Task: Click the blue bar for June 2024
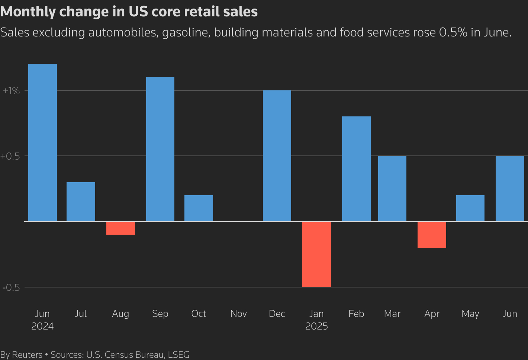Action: coord(42,143)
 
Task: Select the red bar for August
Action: coord(120,228)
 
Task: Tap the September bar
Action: coord(160,149)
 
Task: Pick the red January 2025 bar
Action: coord(316,254)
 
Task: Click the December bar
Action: coord(277,156)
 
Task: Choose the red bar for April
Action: coord(432,235)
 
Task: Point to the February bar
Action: coord(356,169)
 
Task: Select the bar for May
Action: coord(470,208)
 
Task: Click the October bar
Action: coord(199,208)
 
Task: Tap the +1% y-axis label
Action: coord(11,91)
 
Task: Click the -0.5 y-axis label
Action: coord(11,287)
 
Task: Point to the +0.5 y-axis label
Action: coord(10,156)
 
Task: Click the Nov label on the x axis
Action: coord(238,314)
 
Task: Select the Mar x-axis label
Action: coord(392,314)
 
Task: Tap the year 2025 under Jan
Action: coord(316,327)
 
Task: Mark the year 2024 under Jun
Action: coord(42,327)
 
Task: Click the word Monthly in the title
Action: coord(28,12)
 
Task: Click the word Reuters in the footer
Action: coord(27,355)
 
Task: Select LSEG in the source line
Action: coord(178,355)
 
